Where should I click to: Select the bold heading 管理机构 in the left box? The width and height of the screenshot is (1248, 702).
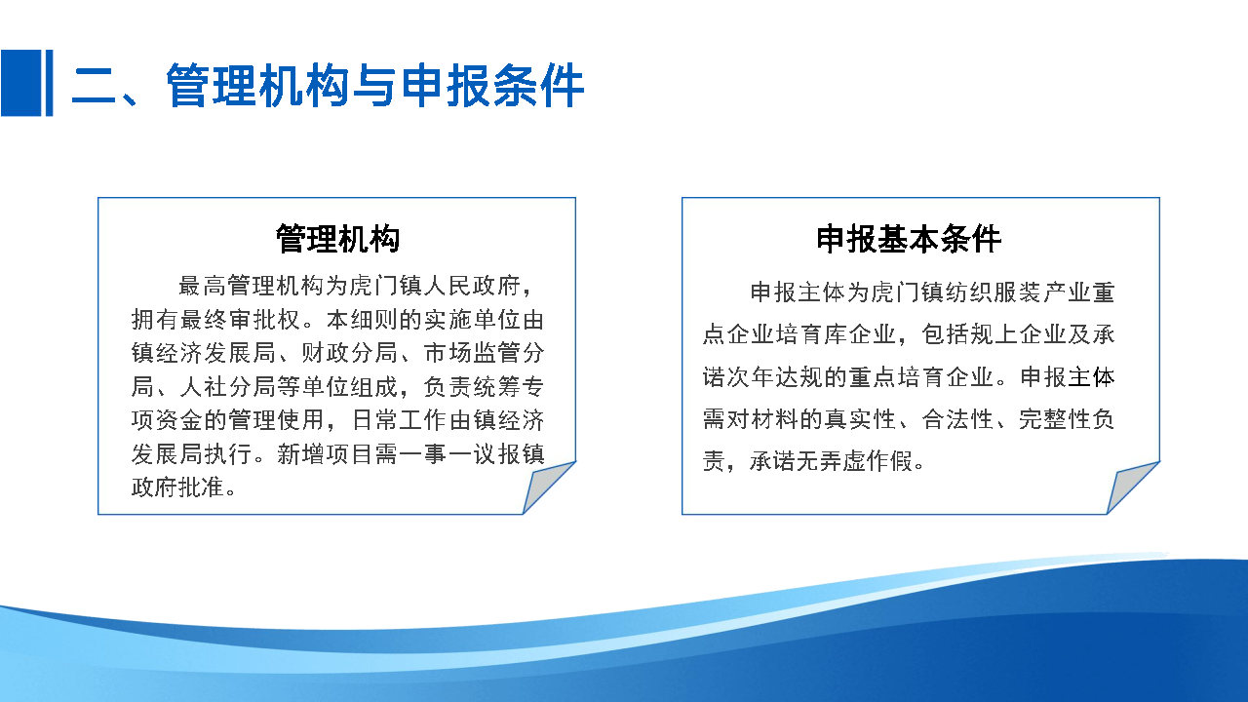[337, 239]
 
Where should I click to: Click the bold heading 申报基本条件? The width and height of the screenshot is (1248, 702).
[909, 239]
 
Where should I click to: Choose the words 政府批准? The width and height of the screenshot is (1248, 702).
[177, 487]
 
